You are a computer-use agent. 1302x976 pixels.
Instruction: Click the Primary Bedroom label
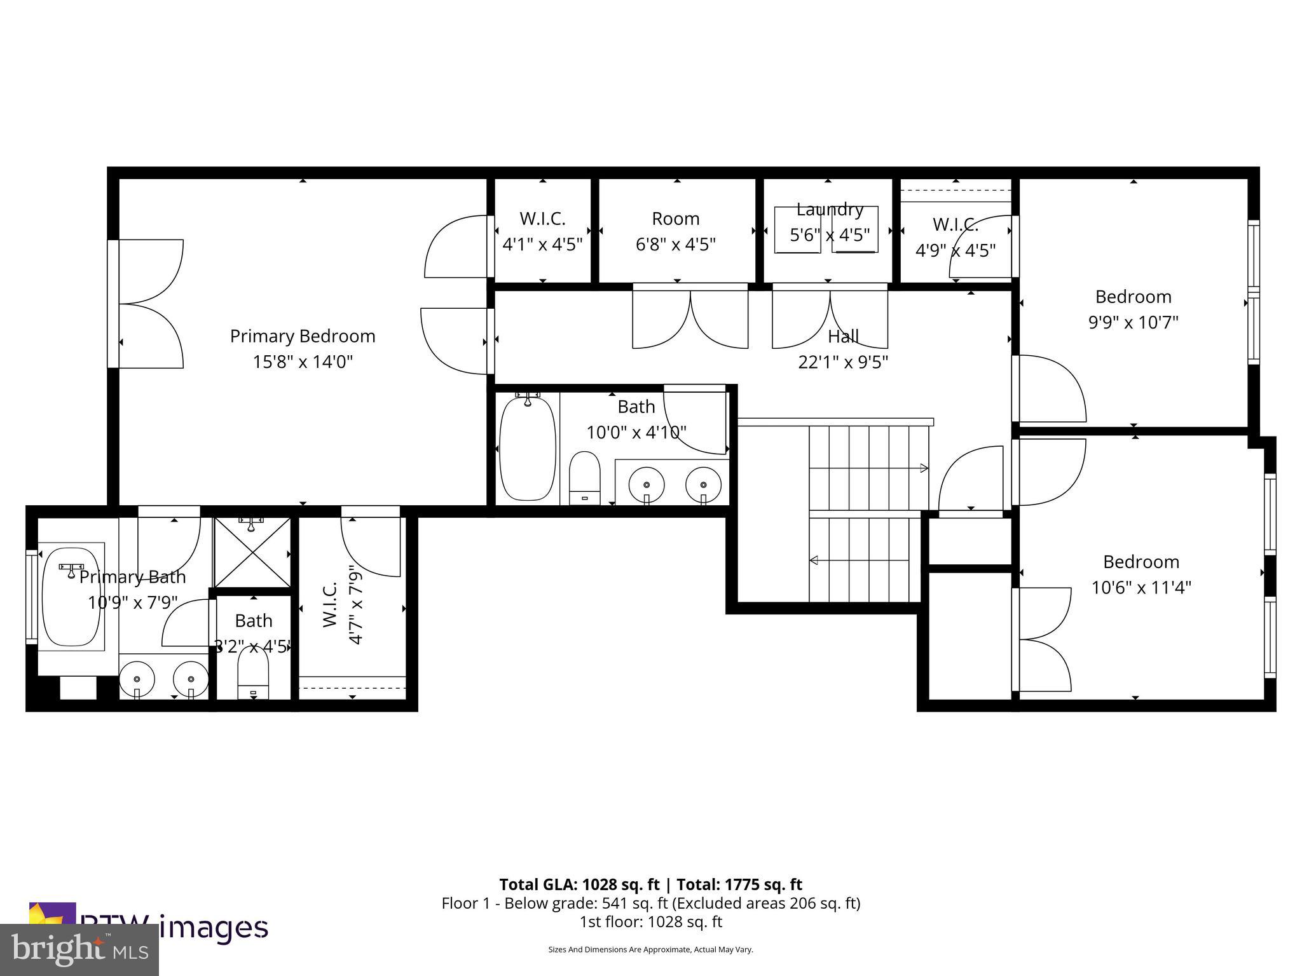click(303, 336)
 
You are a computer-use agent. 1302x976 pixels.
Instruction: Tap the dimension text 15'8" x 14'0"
click(303, 362)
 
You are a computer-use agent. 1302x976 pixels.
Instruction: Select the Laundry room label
click(830, 210)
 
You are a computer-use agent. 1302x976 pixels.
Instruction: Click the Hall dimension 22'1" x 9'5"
click(843, 362)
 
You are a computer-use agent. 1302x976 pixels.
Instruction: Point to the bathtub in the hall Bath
click(527, 449)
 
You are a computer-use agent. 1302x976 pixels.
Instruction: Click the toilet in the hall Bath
click(585, 478)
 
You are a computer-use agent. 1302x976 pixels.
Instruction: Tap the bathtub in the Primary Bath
click(71, 597)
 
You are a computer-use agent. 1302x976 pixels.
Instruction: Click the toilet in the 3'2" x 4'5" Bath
click(254, 675)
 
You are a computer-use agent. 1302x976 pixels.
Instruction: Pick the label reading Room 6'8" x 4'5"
click(675, 231)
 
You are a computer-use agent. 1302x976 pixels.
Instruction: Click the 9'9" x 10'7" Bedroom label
click(1133, 309)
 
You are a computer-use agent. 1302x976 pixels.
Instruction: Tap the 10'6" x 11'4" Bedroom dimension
click(1141, 588)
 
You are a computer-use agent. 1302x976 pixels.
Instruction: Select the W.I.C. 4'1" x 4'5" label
click(542, 231)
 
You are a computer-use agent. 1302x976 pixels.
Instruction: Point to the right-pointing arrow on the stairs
click(923, 468)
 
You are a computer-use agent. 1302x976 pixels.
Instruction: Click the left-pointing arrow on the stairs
click(814, 560)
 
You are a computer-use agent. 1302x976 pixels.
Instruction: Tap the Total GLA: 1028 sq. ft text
click(580, 884)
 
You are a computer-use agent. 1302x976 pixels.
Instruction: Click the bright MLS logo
click(79, 950)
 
